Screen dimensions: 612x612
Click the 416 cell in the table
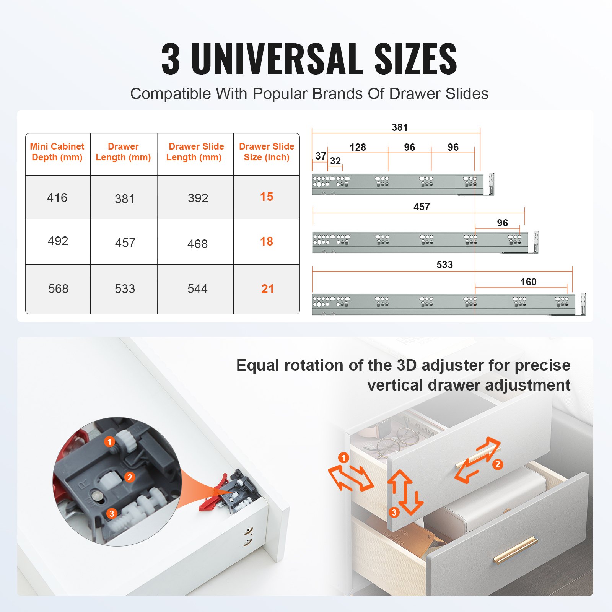[x=57, y=198]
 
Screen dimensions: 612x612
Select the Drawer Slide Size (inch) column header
[x=267, y=152]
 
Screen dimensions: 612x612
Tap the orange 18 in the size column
[x=267, y=241]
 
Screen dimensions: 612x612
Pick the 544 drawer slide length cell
[x=197, y=289]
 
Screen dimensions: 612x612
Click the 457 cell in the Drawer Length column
[x=125, y=243]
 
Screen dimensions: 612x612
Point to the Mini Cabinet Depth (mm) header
[x=57, y=152]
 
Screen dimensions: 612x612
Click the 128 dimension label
[x=358, y=147]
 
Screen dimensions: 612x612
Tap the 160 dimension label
[x=528, y=282]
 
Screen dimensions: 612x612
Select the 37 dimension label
[x=321, y=156]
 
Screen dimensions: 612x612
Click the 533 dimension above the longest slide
[x=444, y=265]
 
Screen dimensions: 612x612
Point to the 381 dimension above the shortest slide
[x=400, y=127]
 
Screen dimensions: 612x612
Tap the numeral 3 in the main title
[x=171, y=59]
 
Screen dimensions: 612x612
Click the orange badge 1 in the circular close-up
[x=109, y=442]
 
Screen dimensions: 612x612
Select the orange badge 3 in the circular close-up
[x=112, y=513]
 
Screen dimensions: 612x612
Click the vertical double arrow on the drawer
[x=405, y=492]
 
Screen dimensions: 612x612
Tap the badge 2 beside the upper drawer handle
[x=497, y=464]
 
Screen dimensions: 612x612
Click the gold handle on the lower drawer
[x=515, y=550]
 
